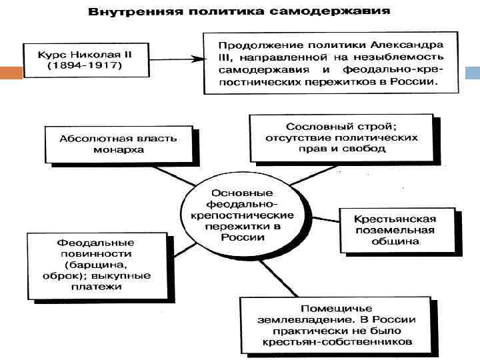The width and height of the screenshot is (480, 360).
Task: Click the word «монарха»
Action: [x=119, y=150]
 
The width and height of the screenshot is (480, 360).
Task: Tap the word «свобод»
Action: [x=368, y=149]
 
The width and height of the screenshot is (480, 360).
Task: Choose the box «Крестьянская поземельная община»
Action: [x=395, y=231]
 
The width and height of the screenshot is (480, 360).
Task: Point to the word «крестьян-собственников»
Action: [x=335, y=342]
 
